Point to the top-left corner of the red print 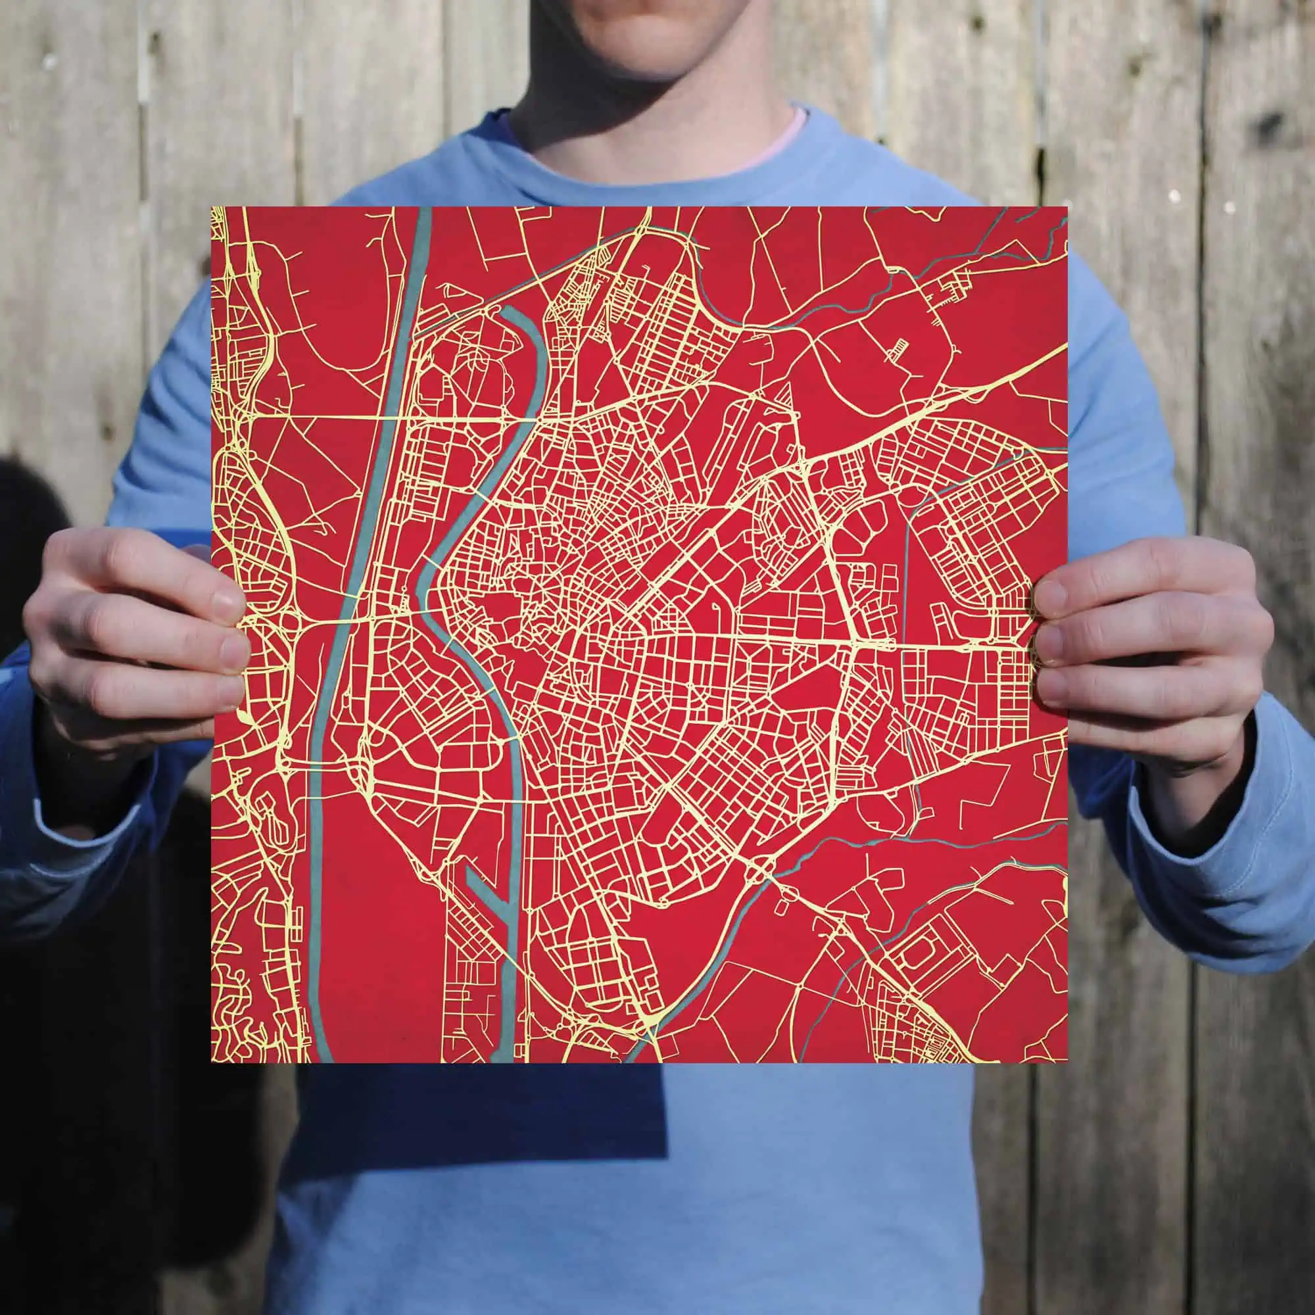coord(213,208)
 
